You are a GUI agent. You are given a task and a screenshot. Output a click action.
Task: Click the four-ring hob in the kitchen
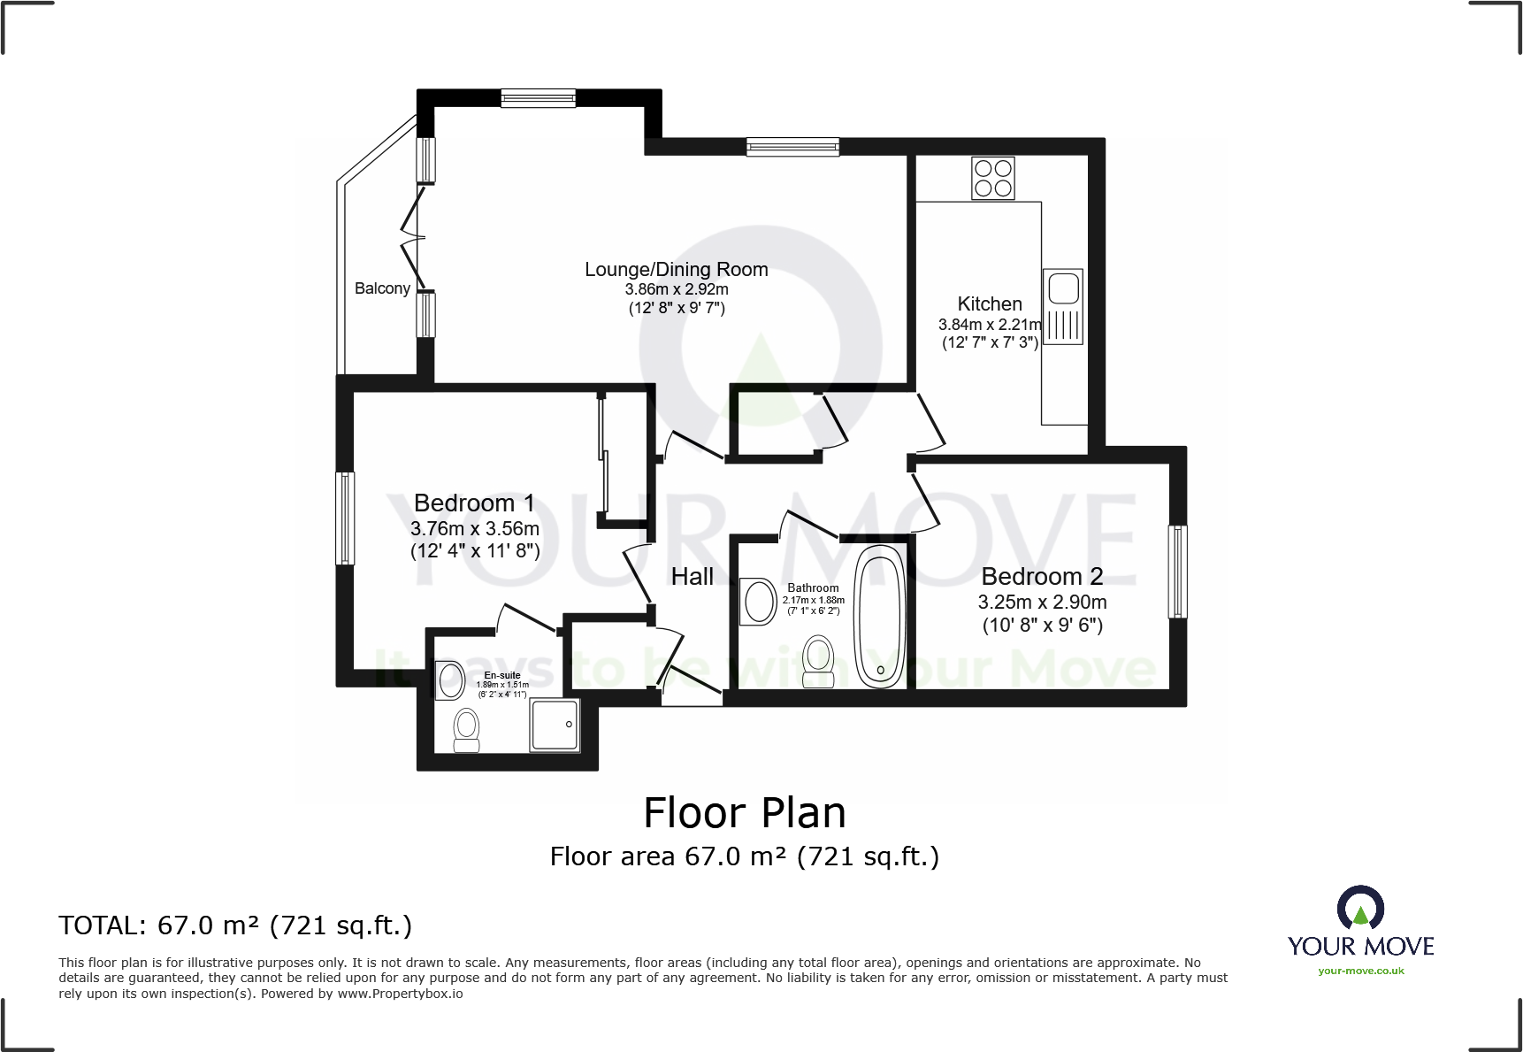(x=992, y=178)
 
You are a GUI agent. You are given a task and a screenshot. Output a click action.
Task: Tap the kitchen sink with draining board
(x=1062, y=306)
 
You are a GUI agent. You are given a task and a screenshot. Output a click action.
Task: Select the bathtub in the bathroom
(x=879, y=617)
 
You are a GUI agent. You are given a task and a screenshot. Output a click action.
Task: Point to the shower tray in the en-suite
(x=555, y=726)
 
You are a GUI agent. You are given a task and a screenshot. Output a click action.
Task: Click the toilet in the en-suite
(x=466, y=731)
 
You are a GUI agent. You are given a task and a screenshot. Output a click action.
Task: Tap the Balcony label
(x=382, y=288)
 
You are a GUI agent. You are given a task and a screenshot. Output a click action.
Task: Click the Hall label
(x=692, y=577)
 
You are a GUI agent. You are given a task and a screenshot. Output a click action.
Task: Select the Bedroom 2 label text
(x=1042, y=577)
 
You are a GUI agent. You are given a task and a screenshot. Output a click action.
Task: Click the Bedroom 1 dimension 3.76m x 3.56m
(x=475, y=528)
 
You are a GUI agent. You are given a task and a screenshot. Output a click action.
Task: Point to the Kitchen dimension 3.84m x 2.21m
(x=990, y=325)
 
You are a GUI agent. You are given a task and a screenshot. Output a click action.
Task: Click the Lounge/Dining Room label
(x=676, y=270)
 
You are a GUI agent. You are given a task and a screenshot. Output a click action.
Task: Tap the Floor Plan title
(x=744, y=813)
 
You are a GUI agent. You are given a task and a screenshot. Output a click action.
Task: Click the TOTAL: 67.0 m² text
(x=235, y=925)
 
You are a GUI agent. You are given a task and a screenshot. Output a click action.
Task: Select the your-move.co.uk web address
(x=1360, y=971)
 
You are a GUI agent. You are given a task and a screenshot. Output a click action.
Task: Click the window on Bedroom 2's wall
(x=1177, y=572)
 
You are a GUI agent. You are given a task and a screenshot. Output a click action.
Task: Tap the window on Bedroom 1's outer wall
(x=346, y=518)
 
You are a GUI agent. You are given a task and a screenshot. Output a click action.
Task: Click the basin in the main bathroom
(x=759, y=602)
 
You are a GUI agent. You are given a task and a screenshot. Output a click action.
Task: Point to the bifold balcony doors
(x=412, y=236)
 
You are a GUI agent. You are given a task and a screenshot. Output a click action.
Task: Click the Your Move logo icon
(x=1359, y=909)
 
